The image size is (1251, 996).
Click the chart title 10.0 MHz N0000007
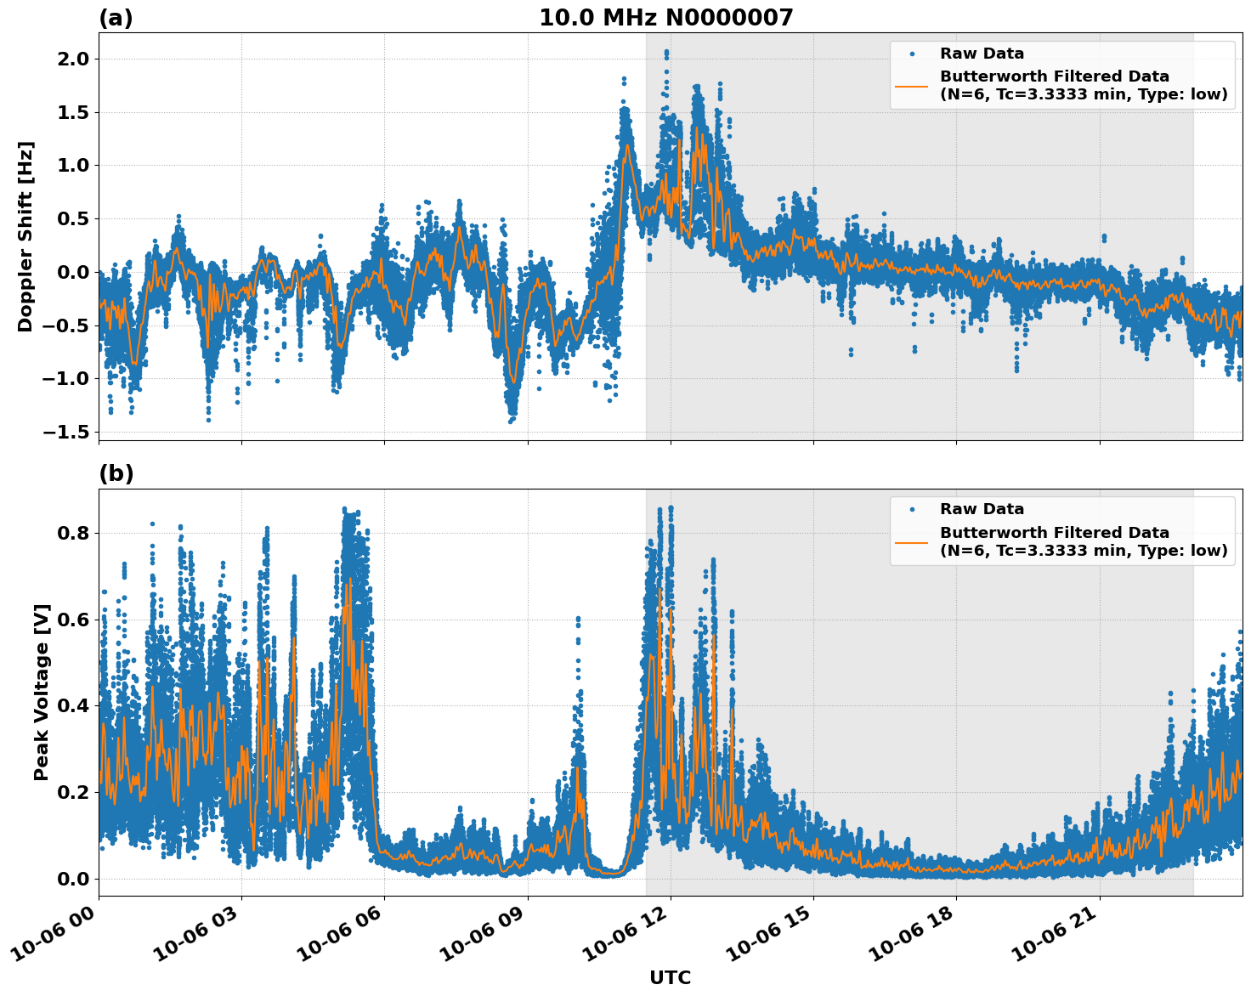(x=665, y=18)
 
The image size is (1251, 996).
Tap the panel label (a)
(x=116, y=18)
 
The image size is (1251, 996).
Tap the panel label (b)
(x=116, y=473)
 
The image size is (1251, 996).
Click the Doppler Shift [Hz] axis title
(x=25, y=236)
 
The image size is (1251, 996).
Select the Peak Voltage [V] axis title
(x=42, y=692)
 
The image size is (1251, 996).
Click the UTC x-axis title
(x=670, y=977)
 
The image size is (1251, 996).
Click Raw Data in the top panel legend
(x=982, y=54)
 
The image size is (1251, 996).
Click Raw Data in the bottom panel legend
(x=982, y=509)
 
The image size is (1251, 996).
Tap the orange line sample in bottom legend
(x=912, y=541)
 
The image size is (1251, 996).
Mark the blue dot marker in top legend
(x=912, y=54)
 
